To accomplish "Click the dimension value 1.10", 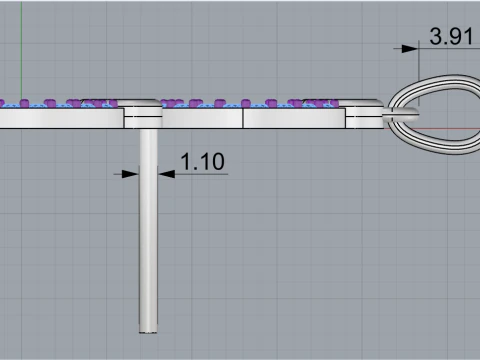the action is (x=203, y=162).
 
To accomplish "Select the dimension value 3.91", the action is (x=451, y=36).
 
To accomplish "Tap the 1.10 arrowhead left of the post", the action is (x=130, y=174).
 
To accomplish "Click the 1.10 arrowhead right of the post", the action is (x=166, y=174).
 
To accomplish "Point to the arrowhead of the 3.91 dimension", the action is (x=410, y=49).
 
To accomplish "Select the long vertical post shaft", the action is (x=148, y=231).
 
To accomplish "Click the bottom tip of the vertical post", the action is (x=148, y=332).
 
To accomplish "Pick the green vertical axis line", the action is (x=21, y=50).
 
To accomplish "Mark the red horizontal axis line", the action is (x=433, y=128).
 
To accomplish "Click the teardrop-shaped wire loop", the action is (x=433, y=80).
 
